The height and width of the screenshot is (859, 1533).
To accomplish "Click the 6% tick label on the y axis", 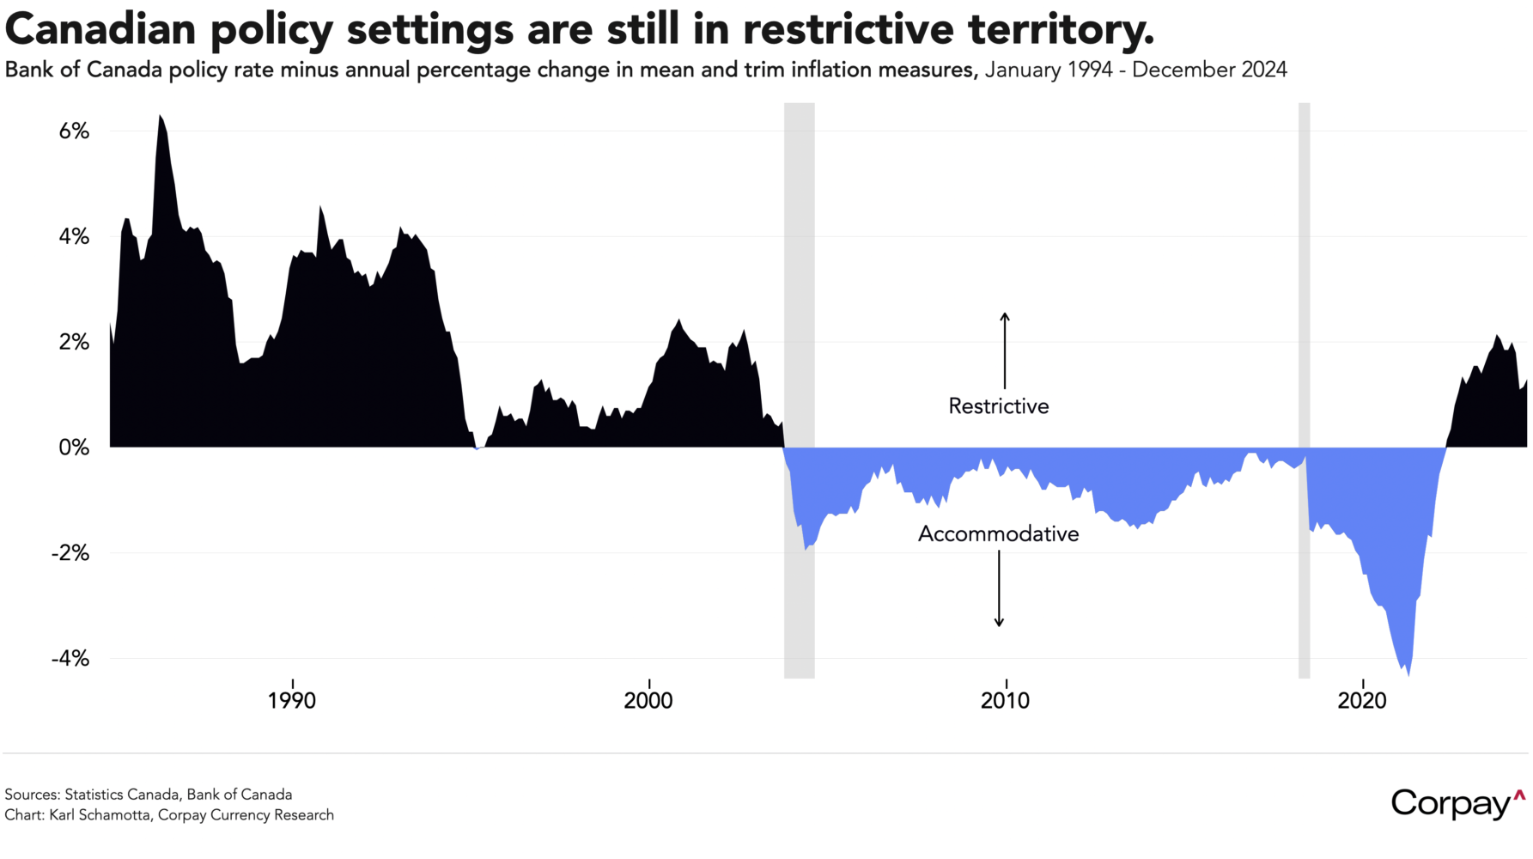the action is pos(74,131).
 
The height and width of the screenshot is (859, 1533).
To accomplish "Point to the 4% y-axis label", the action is pos(74,237).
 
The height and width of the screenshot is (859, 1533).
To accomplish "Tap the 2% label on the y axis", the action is pos(74,343).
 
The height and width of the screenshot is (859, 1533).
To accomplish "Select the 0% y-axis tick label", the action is pos(74,448).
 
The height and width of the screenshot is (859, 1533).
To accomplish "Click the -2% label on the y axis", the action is pos(70,553).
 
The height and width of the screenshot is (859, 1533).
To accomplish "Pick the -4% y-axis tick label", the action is pos(70,659).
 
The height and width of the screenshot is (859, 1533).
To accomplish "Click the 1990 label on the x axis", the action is pos(292,701).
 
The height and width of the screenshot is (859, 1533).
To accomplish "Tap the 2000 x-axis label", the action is pos(648,701).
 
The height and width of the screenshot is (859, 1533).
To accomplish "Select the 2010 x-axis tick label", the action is pos(1005,701).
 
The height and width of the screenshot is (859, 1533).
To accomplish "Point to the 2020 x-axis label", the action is pos(1362,701).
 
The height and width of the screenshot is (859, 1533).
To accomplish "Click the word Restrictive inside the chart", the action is pos(999,406).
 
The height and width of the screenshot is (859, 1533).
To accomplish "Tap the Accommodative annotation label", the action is pos(999,534).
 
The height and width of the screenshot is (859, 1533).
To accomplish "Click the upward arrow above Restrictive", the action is pos(1005,350).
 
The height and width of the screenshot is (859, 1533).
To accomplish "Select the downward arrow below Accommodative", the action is pos(999,589).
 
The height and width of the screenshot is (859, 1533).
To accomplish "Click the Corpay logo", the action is pos(1458,804).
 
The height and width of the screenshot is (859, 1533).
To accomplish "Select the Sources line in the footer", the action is pos(149,795).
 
